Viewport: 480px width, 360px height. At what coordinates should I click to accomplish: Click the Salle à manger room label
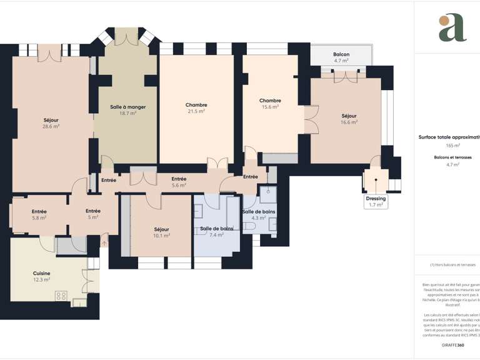click(x=127, y=107)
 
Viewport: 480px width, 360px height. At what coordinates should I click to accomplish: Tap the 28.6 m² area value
click(x=51, y=126)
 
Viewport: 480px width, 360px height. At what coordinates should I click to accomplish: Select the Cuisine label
click(x=42, y=273)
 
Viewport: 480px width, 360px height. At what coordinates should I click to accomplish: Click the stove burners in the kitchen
click(x=61, y=296)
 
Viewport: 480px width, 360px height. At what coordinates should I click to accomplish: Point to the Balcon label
click(x=341, y=54)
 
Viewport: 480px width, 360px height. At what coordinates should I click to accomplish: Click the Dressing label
click(x=376, y=198)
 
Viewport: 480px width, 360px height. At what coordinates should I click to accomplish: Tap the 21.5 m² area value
click(x=196, y=111)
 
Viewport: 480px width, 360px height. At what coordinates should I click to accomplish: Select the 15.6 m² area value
click(x=270, y=107)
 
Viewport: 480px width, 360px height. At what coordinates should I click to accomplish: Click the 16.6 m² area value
click(x=349, y=122)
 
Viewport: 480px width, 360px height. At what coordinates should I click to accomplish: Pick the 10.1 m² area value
click(x=162, y=236)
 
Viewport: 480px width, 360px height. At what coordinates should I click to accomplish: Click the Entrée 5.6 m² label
click(x=179, y=179)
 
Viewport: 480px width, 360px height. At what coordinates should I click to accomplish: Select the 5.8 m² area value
click(x=39, y=217)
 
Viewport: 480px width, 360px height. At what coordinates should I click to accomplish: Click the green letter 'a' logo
click(x=452, y=28)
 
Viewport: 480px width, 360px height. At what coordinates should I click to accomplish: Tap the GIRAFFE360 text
click(x=452, y=345)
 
